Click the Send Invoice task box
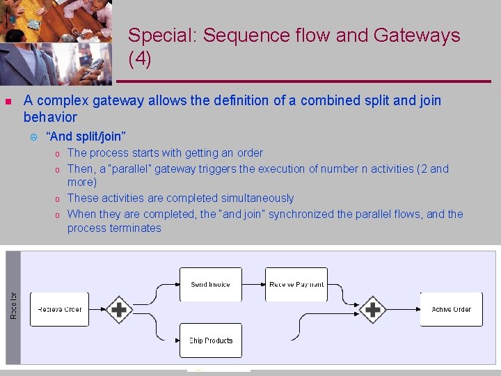[x=210, y=284]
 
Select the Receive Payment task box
[x=296, y=284]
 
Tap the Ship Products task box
[x=210, y=340]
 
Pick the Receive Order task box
[x=61, y=308]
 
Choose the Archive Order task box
[x=451, y=308]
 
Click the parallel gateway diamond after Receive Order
[x=120, y=308]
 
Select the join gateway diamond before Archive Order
[x=372, y=308]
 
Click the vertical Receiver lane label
[x=13, y=306]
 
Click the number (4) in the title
[x=140, y=59]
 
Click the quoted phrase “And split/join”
[x=86, y=136]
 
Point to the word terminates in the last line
[x=135, y=228]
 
